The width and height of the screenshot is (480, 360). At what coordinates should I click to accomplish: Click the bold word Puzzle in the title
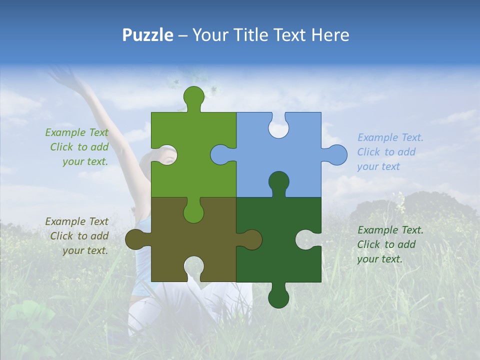coord(148,35)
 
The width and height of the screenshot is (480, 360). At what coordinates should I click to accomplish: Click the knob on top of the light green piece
coord(193,96)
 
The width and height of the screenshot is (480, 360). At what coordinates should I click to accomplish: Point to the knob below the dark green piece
coord(278,297)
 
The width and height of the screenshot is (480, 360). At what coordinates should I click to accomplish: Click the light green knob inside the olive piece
coord(193,211)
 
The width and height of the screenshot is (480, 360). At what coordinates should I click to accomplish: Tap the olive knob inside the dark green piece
coord(250,239)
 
